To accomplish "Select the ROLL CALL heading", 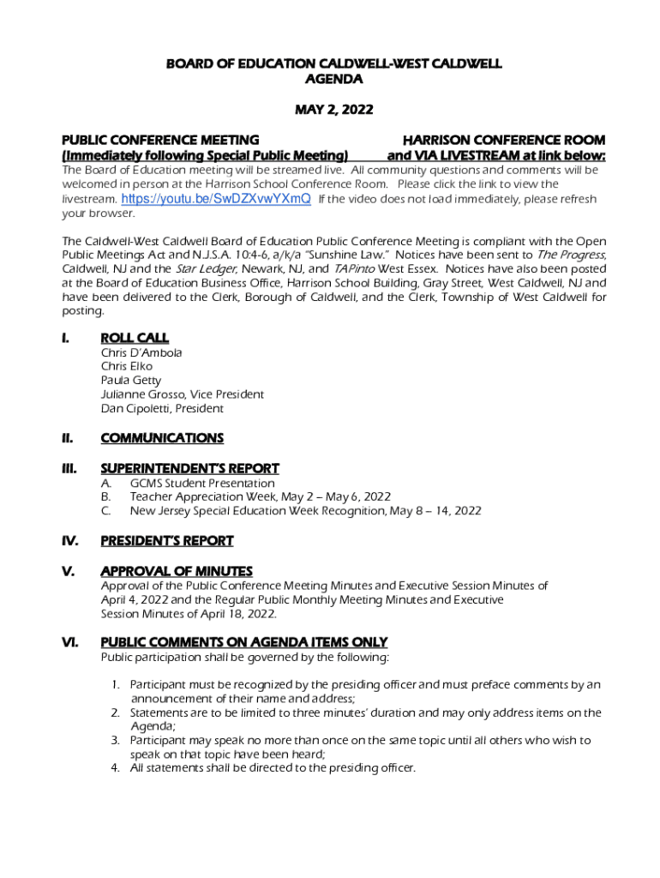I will [135, 338].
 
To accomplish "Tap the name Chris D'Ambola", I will [141, 352].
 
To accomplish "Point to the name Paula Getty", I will [130, 380].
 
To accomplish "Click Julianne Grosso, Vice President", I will [182, 394].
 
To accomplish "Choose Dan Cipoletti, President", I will [161, 408].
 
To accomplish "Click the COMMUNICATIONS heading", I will [162, 438].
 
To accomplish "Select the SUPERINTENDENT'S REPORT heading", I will [189, 468].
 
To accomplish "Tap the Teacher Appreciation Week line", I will [260, 496].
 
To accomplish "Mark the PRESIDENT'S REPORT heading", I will [166, 540].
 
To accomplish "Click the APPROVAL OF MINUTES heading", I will [176, 571].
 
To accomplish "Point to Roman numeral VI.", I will [69, 642].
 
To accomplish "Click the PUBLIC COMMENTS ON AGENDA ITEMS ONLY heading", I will [243, 642].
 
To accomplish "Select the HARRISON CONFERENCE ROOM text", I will [504, 140].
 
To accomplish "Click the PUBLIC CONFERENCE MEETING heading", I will [159, 140].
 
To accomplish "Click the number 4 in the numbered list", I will [115, 767].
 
